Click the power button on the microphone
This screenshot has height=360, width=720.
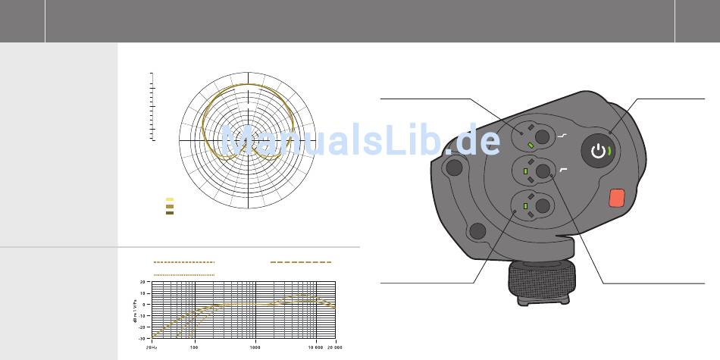(x=598, y=151)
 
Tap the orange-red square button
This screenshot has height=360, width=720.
(x=617, y=198)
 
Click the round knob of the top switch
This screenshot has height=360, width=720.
(x=543, y=136)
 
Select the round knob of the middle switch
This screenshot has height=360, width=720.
(x=543, y=171)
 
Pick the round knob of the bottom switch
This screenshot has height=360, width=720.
(x=543, y=205)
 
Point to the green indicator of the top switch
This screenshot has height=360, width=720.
(x=531, y=146)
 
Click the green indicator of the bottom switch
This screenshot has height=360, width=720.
(x=526, y=206)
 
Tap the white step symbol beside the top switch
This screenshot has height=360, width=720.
(x=562, y=136)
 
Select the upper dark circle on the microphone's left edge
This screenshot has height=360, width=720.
(x=454, y=167)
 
